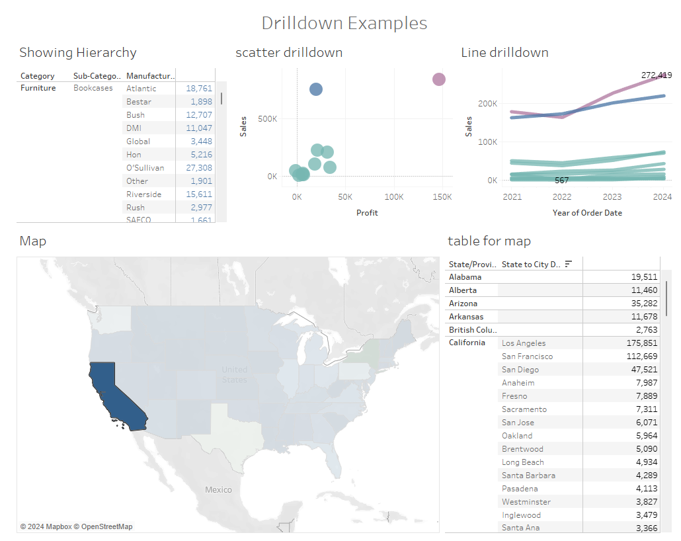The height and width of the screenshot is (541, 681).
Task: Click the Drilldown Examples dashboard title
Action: click(x=344, y=23)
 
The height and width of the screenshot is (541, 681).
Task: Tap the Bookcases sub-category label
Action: click(x=93, y=88)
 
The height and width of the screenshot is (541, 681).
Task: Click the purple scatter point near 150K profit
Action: click(x=439, y=79)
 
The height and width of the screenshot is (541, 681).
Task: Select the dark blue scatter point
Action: click(x=316, y=89)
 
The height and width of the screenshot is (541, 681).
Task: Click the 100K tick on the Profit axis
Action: click(x=394, y=197)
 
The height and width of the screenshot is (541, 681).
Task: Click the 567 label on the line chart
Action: click(x=561, y=181)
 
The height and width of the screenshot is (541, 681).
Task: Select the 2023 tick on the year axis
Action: click(x=612, y=197)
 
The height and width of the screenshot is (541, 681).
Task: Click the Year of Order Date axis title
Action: click(x=587, y=213)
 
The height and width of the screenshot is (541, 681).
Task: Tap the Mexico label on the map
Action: click(x=218, y=490)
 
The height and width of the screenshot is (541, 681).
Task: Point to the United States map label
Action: click(x=235, y=374)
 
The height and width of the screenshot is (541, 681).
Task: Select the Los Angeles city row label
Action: click(x=524, y=343)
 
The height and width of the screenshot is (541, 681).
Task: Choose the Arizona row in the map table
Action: click(x=465, y=304)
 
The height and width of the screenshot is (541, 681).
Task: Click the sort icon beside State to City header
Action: click(x=568, y=264)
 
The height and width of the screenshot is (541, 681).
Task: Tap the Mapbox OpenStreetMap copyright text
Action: click(x=76, y=526)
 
